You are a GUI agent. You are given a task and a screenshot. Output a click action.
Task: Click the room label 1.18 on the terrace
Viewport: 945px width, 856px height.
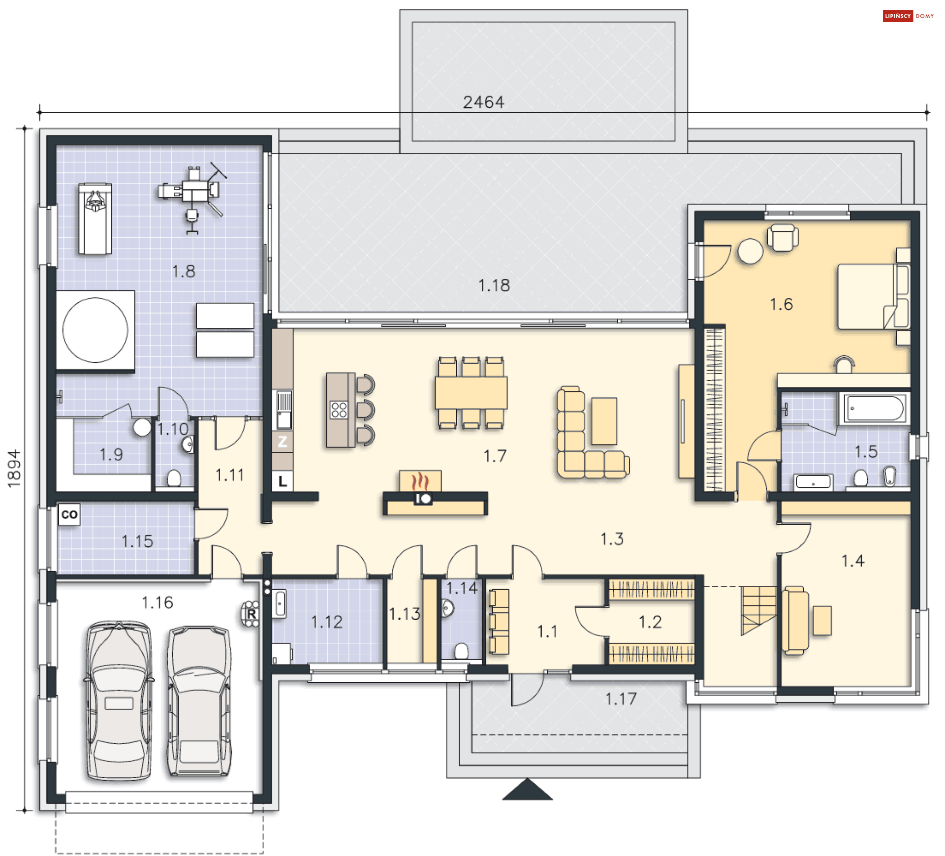[494, 285]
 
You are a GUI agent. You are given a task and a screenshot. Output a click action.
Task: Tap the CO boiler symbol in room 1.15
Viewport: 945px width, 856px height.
[69, 514]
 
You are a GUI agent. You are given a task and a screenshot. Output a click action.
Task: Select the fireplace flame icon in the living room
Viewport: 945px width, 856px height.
[420, 481]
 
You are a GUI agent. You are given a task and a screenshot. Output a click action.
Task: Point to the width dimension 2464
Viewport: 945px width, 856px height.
[483, 102]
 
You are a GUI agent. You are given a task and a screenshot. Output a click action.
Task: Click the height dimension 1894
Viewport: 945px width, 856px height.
[14, 468]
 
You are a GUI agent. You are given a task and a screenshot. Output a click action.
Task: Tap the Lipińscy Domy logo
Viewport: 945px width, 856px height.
[908, 16]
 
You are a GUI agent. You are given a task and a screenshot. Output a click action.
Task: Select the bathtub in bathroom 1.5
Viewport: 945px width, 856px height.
[875, 408]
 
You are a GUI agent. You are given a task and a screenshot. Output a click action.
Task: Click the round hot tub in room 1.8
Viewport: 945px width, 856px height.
[95, 330]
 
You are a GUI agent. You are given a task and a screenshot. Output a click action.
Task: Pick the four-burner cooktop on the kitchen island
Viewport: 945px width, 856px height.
[339, 410]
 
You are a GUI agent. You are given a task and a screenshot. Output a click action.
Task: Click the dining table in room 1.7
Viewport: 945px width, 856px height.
[471, 392]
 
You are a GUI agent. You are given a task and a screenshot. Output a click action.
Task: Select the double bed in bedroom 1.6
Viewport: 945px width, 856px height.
[874, 296]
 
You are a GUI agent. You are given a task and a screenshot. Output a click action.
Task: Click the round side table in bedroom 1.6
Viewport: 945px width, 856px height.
[750, 251]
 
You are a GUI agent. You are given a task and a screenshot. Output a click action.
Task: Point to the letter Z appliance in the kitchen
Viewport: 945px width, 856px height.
[282, 442]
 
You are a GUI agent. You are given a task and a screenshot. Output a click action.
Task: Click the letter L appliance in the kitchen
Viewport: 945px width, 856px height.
[283, 481]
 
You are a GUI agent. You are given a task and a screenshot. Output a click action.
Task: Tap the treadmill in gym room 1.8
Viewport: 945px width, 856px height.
[95, 219]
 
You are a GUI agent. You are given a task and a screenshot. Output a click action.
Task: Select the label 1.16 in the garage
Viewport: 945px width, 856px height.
[157, 602]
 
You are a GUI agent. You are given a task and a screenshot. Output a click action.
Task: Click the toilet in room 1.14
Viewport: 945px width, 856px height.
[461, 651]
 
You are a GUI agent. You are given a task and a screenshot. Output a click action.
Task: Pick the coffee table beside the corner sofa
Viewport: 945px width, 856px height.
[604, 421]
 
